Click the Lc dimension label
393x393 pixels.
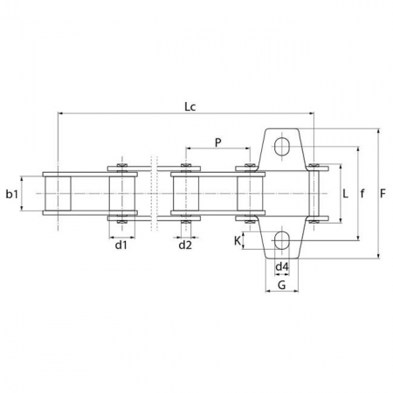point(190,107)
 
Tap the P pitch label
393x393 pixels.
point(218,142)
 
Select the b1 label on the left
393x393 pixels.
point(12,194)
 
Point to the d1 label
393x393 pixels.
point(121,245)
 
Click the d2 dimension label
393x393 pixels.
point(185,245)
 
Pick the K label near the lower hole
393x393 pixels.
point(238,241)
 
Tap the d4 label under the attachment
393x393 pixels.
point(282,266)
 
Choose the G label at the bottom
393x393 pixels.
point(282,285)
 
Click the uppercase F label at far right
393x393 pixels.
point(383,193)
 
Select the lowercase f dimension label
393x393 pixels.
point(362,193)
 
